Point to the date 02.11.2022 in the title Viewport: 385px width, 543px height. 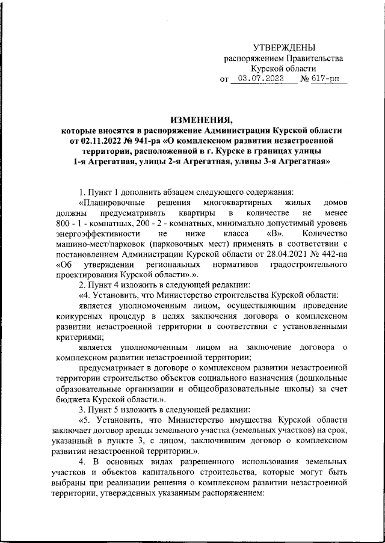(x=98, y=140)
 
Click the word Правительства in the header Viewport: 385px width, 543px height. (x=315, y=58)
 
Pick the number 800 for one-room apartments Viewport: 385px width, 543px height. (x=63, y=222)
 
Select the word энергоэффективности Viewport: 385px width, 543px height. (x=94, y=233)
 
